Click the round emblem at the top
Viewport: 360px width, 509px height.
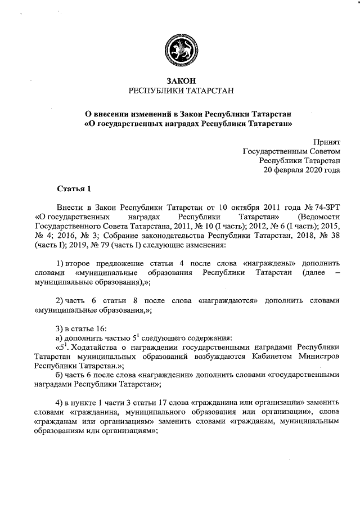click(x=180, y=48)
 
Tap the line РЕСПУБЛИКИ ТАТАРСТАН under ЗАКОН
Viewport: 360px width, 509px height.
click(x=180, y=91)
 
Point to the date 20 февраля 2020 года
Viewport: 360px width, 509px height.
click(x=302, y=169)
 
